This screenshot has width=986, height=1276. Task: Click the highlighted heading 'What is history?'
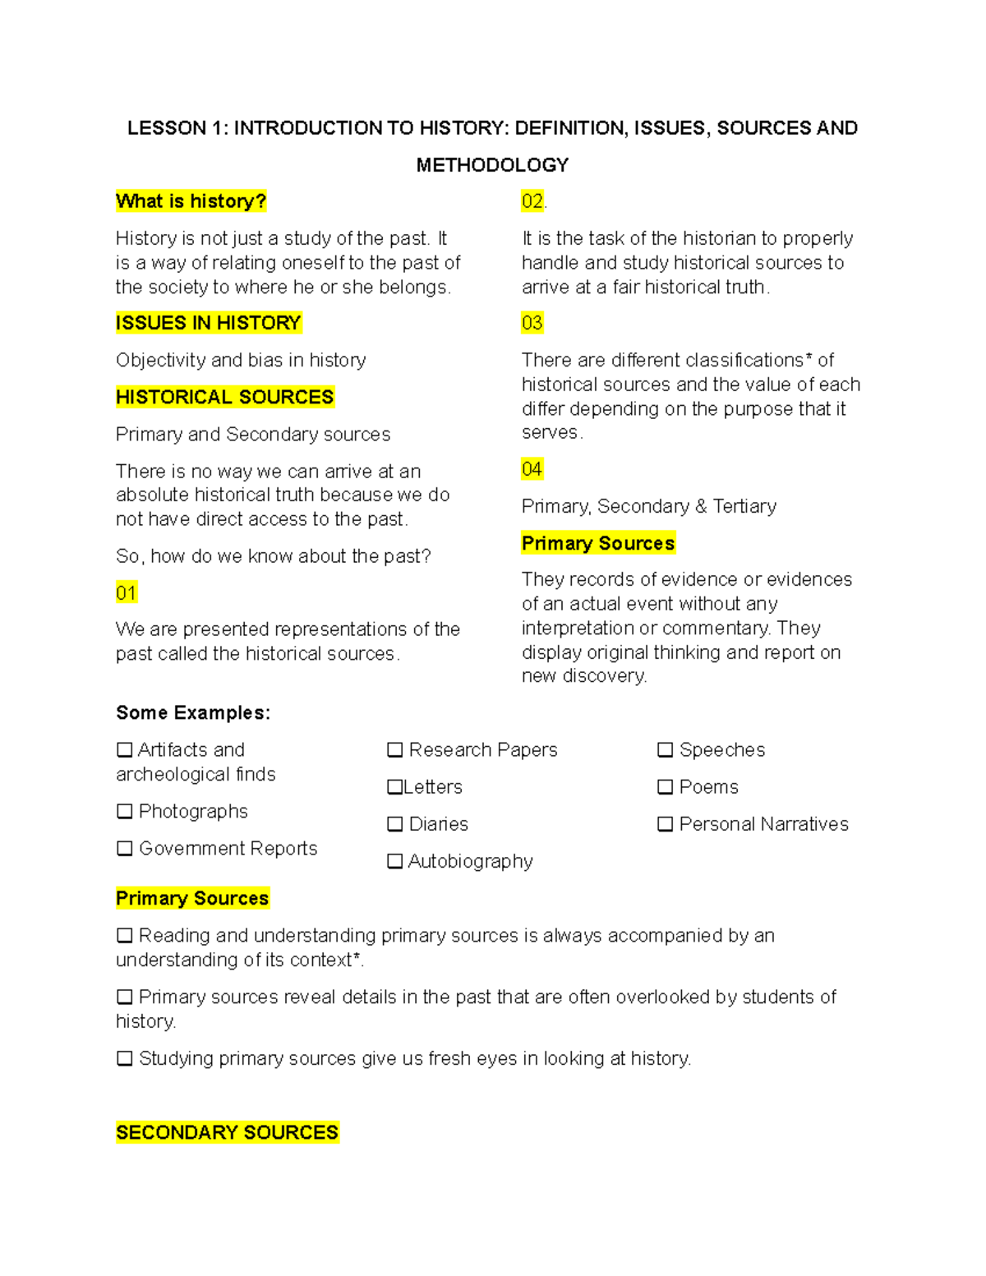[x=191, y=201]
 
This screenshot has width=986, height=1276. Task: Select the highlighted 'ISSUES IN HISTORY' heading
[x=209, y=323]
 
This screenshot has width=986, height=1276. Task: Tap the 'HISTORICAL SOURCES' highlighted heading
[x=224, y=397]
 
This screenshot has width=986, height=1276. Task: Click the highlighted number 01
[x=126, y=592]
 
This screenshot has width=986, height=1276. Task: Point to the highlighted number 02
[x=532, y=201]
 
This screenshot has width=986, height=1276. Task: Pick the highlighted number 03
[x=532, y=323]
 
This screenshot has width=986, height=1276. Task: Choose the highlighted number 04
[x=532, y=469]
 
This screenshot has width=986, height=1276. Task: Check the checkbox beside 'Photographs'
[x=125, y=812]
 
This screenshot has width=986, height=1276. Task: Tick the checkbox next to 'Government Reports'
[x=125, y=849]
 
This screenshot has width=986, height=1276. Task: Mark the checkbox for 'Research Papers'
[x=395, y=750]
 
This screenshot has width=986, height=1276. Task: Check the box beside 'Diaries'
[x=395, y=824]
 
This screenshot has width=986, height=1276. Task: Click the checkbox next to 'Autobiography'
[x=395, y=861]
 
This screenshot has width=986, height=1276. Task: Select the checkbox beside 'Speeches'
[x=666, y=750]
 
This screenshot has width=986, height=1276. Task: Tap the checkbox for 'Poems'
[x=666, y=787]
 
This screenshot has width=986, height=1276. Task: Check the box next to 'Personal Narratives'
[x=666, y=824]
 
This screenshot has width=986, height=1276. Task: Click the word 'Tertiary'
[x=744, y=506]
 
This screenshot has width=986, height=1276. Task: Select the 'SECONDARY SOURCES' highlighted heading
[x=227, y=1132]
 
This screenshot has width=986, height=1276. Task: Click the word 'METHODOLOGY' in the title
[x=492, y=165]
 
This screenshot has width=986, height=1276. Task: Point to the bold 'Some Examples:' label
[x=193, y=712]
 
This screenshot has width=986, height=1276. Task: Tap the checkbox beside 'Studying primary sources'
[x=125, y=1058]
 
